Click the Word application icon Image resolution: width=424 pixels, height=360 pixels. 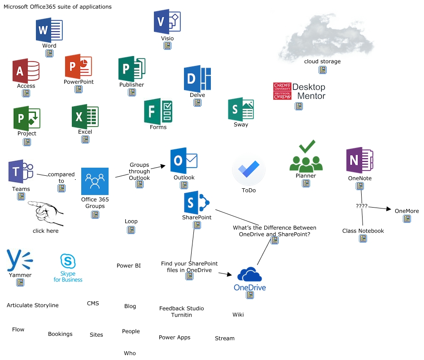[49, 30]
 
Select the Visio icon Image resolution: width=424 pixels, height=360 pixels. [167, 22]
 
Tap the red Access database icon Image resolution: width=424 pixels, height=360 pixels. [26, 70]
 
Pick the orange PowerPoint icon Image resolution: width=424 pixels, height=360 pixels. [78, 67]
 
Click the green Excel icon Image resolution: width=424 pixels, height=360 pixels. [85, 117]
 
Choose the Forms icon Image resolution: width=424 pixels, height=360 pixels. [158, 111]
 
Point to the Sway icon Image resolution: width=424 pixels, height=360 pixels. [241, 109]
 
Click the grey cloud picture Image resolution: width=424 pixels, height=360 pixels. [323, 38]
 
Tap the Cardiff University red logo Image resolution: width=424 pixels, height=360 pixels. [282, 91]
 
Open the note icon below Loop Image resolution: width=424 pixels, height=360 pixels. [131, 230]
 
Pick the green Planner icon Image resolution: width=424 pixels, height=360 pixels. [306, 156]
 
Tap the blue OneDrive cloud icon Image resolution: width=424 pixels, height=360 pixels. [250, 274]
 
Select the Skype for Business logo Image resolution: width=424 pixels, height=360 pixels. [68, 268]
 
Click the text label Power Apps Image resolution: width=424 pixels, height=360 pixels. [175, 338]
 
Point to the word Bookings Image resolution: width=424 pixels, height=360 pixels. [60, 334]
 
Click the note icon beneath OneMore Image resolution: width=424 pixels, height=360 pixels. [407, 219]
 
